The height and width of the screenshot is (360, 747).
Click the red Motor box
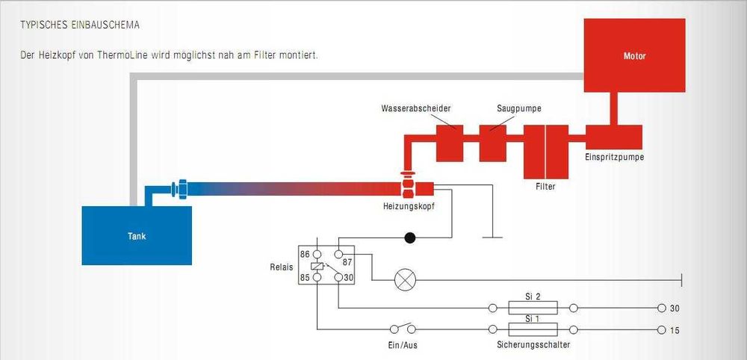pyautogui.click(x=634, y=56)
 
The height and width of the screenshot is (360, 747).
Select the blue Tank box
pyautogui.click(x=136, y=236)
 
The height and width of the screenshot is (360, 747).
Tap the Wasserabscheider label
pyautogui.click(x=416, y=108)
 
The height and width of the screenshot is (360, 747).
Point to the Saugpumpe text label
pyautogui.click(x=518, y=108)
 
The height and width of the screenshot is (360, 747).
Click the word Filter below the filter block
pyautogui.click(x=545, y=187)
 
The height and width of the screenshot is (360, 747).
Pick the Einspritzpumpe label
pyautogui.click(x=614, y=158)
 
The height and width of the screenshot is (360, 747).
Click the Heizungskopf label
pyautogui.click(x=408, y=205)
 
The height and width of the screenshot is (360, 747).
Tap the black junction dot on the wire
pyautogui.click(x=409, y=238)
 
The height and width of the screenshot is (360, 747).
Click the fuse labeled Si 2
pyautogui.click(x=533, y=308)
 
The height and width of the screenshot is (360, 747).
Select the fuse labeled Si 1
pyautogui.click(x=533, y=329)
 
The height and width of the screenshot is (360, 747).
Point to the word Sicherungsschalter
pyautogui.click(x=533, y=345)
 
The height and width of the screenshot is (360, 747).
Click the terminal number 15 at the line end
pyautogui.click(x=675, y=330)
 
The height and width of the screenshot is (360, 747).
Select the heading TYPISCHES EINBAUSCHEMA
pyautogui.click(x=80, y=25)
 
